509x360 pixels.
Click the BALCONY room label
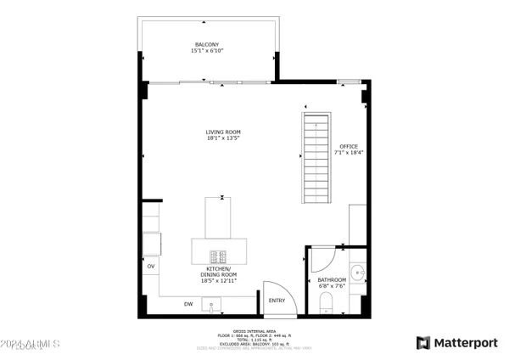tap(207, 44)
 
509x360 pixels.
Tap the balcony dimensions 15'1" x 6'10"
tap(207, 52)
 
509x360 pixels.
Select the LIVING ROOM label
tap(223, 132)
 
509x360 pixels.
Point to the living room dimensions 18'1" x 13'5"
tap(223, 139)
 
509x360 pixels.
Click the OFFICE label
tap(350, 146)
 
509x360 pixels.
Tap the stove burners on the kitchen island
tap(220, 255)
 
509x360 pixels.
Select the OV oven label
tap(152, 267)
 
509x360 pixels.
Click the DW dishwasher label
tap(188, 303)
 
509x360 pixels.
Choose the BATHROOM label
tap(332, 279)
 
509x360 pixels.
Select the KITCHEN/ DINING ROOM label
tap(219, 272)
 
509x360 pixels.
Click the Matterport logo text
tap(466, 342)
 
